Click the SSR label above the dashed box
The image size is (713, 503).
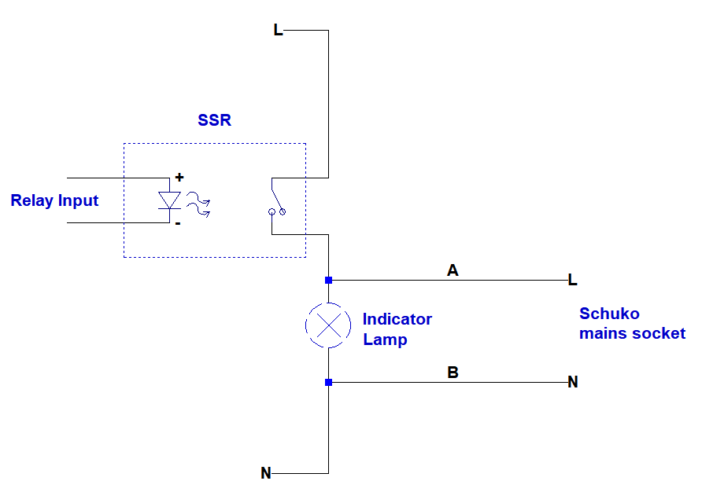tap(214, 121)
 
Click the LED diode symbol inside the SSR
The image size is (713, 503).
tap(169, 200)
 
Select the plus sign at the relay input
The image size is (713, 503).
tap(179, 178)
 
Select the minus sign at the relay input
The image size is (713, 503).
tap(178, 223)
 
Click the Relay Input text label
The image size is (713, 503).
tap(54, 200)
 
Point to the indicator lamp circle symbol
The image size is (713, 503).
tap(328, 324)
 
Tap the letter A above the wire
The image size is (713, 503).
tap(453, 270)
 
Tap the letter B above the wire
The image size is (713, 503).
tap(453, 373)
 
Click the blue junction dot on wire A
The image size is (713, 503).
tap(328, 280)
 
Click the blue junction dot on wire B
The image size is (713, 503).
tap(328, 383)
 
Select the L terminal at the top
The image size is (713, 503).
tap(278, 31)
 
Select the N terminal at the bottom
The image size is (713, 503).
tap(266, 473)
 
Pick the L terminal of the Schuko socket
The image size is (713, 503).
tap(572, 280)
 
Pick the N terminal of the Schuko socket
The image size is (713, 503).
tap(573, 382)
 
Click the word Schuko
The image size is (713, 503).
tap(609, 314)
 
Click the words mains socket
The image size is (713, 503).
tap(632, 333)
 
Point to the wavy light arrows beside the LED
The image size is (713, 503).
tap(198, 206)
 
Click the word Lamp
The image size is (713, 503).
tap(385, 340)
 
